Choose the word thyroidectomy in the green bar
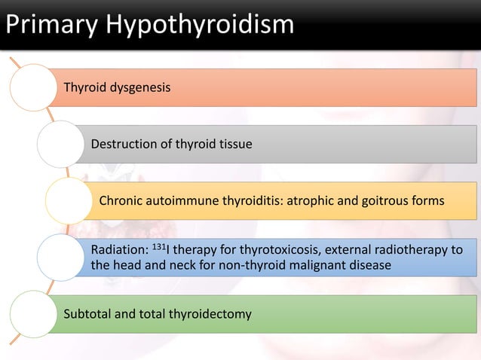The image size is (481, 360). click(211, 313)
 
